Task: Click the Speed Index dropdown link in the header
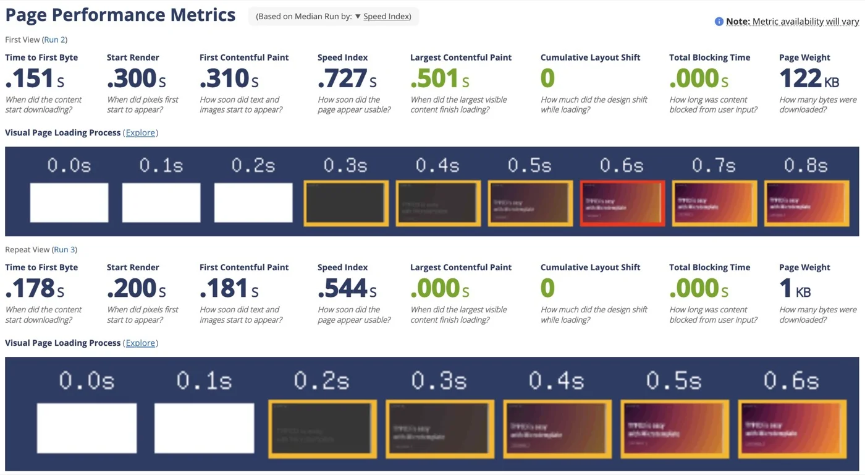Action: click(x=386, y=17)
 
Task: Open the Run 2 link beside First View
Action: click(x=55, y=40)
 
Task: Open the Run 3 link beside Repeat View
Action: click(x=65, y=250)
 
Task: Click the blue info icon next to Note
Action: click(x=719, y=22)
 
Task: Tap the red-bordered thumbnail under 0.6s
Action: click(x=622, y=203)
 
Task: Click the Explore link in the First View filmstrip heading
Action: click(x=140, y=133)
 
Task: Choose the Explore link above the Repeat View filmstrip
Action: click(x=140, y=343)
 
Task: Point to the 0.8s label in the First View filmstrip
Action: click(x=806, y=166)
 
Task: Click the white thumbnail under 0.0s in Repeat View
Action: click(x=86, y=428)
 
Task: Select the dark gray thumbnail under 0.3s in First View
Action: click(x=346, y=203)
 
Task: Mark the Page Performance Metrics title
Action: click(x=120, y=15)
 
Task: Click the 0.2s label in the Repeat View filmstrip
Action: click(x=321, y=380)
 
